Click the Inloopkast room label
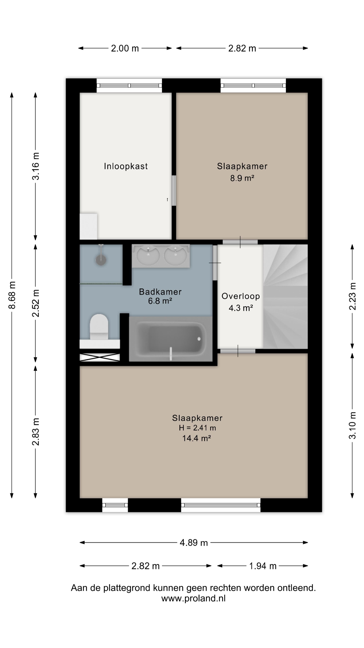tap(126, 166)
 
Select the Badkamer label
tap(160, 292)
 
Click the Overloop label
tap(241, 296)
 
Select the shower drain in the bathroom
tap(101, 260)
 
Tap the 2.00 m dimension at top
tap(125, 48)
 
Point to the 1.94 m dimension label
tap(263, 566)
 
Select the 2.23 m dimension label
tap(352, 296)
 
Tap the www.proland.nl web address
tap(193, 598)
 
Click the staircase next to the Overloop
tap(285, 296)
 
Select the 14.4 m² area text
tap(196, 438)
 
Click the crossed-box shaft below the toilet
tap(100, 357)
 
